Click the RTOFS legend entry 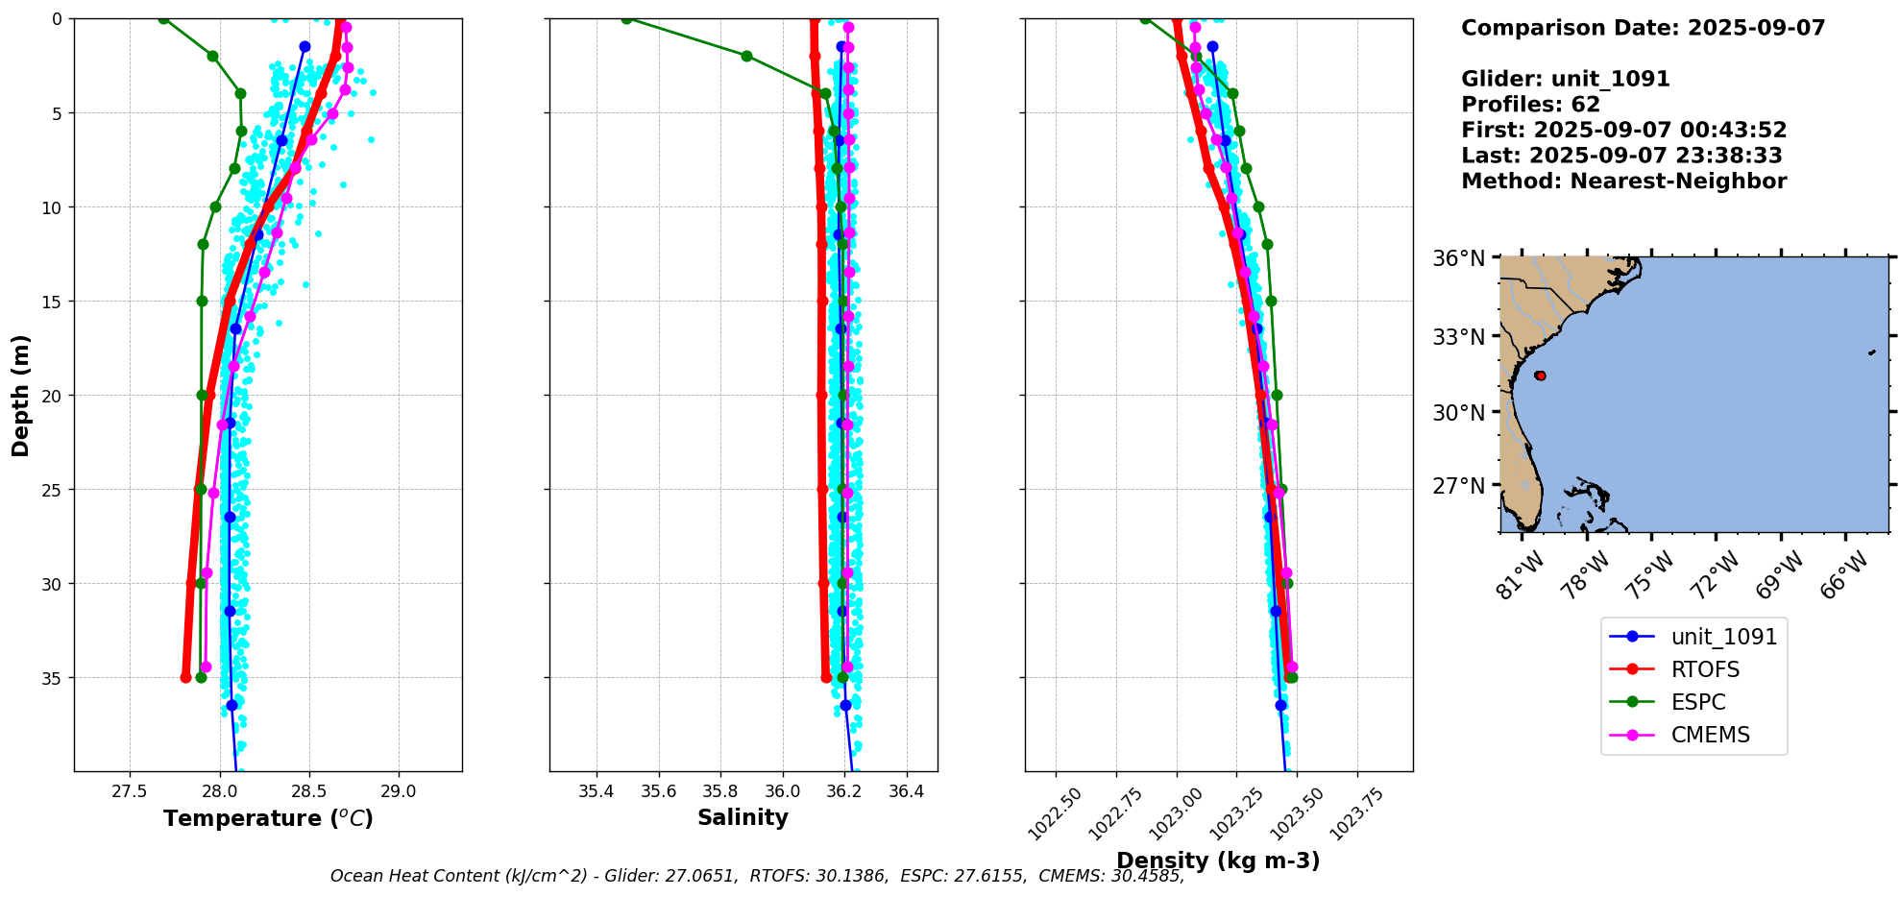click(1705, 669)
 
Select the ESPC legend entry click(1698, 702)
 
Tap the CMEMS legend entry click(1710, 735)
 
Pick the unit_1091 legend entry click(1723, 637)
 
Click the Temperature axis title click(268, 818)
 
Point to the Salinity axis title click(743, 817)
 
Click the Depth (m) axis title click(21, 395)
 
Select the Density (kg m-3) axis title click(1217, 861)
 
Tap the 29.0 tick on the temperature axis click(398, 791)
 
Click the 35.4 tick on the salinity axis click(596, 791)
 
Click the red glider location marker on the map click(1540, 376)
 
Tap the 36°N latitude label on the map click(1458, 258)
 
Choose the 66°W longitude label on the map click(1843, 574)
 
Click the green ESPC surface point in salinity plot click(626, 18)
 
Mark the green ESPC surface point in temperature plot click(163, 18)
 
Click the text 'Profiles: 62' click(1530, 105)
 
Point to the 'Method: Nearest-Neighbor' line click(1623, 182)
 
